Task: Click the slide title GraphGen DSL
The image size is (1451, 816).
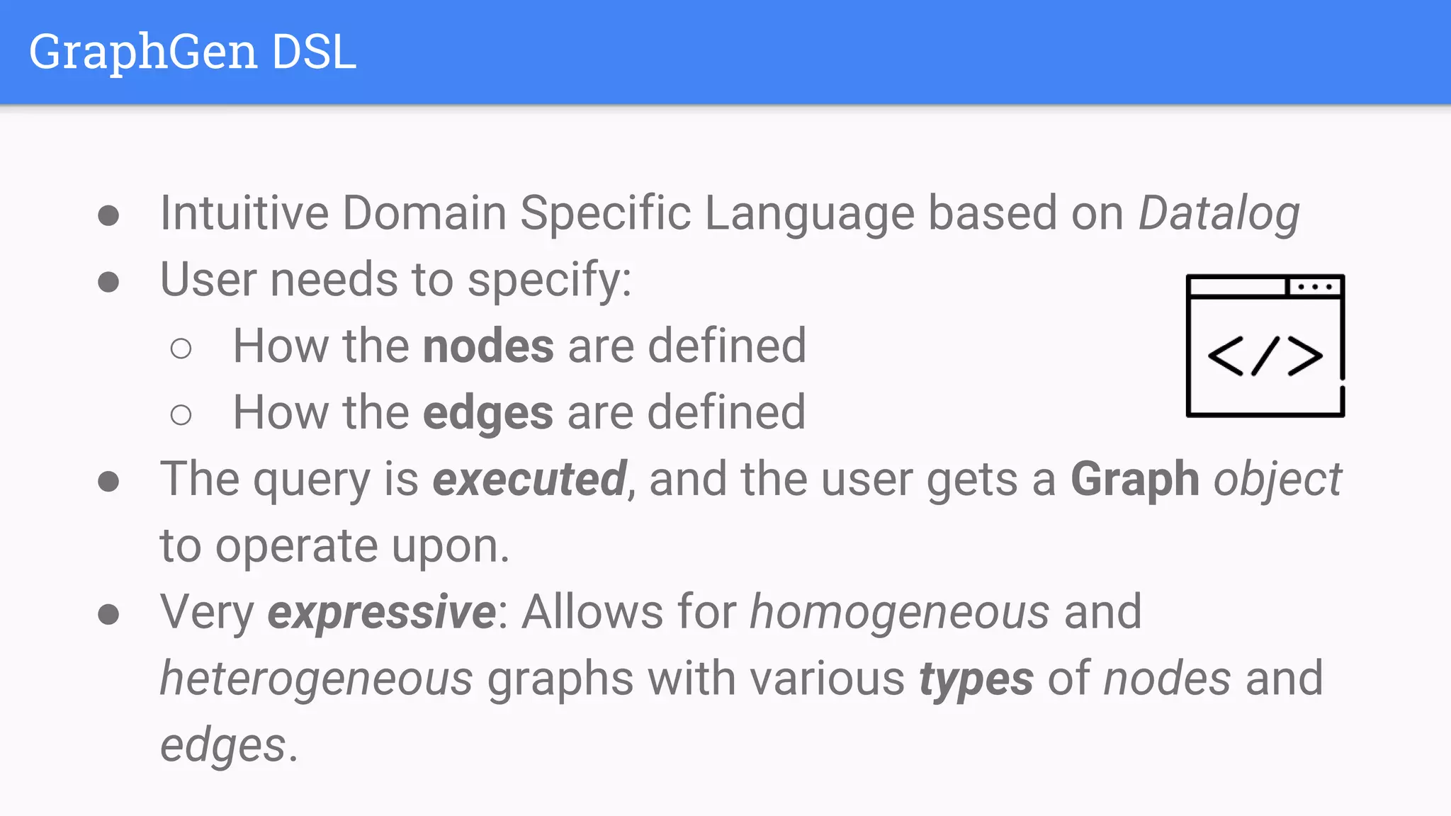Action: (192, 52)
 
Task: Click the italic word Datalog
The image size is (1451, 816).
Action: (1219, 213)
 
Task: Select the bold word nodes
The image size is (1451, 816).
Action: (488, 346)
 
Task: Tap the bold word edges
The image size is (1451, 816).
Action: (487, 413)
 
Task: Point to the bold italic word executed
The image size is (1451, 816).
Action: (529, 480)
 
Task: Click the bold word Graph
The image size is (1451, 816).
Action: (1134, 480)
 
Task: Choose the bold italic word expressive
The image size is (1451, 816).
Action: (382, 613)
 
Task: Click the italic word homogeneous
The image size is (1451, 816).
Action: (899, 613)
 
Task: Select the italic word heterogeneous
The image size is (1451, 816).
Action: (316, 679)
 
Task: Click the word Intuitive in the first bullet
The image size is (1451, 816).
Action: (244, 213)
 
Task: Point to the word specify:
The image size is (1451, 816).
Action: (549, 280)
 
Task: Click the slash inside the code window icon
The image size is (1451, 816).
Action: (1265, 356)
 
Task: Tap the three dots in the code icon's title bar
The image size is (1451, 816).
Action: (1315, 287)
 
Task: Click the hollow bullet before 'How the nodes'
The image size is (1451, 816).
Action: (181, 348)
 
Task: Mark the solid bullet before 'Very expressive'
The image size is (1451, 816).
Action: (108, 614)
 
